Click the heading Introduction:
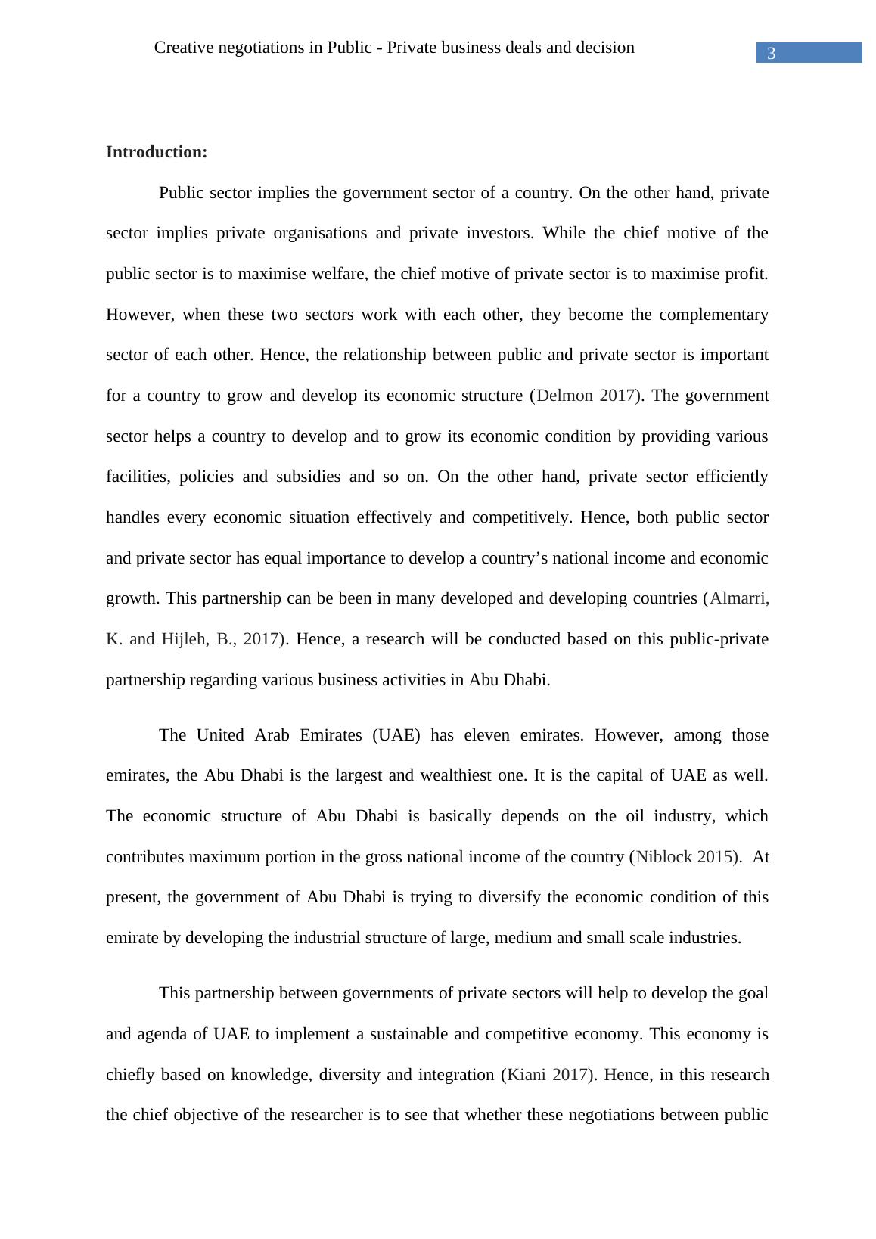156,152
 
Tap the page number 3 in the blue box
771,53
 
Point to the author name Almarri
739,598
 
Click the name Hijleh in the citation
184,639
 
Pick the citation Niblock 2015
685,857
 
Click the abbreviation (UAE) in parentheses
396,735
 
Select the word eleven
486,735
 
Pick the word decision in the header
603,48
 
